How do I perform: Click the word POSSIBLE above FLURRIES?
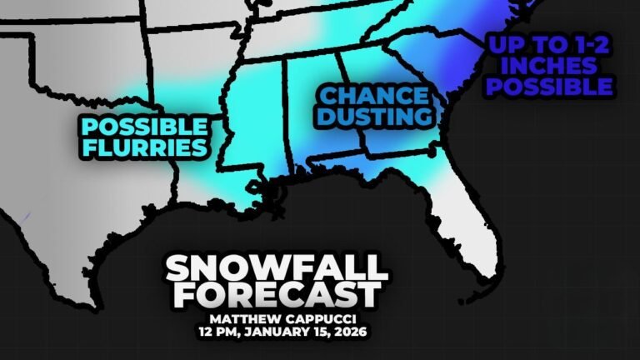(143, 127)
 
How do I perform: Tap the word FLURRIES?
(143, 148)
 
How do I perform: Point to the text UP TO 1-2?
(549, 42)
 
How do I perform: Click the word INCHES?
(549, 63)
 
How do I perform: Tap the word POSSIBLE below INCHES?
(549, 86)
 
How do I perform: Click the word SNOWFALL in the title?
(276, 268)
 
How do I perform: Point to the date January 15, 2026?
(305, 331)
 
